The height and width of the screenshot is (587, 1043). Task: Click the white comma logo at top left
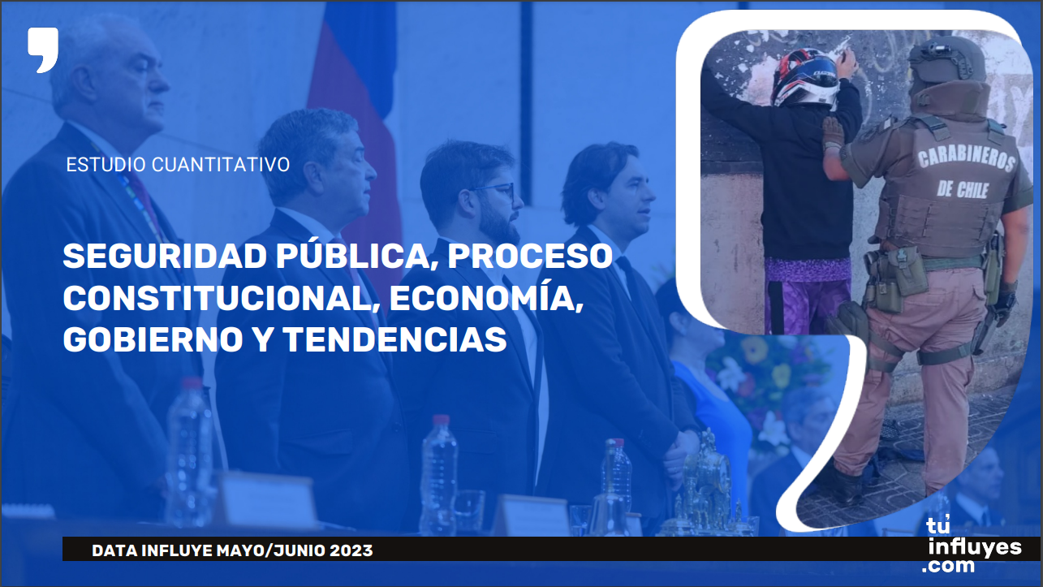pyautogui.click(x=43, y=49)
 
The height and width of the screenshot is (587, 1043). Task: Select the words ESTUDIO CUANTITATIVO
pyautogui.click(x=178, y=165)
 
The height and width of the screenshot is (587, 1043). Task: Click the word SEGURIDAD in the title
pyautogui.click(x=165, y=257)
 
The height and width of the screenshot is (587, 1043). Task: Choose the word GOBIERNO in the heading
pyautogui.click(x=153, y=339)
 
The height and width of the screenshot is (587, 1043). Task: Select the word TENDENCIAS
pyautogui.click(x=394, y=339)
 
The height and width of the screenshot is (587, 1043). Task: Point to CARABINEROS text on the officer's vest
pyautogui.click(x=966, y=159)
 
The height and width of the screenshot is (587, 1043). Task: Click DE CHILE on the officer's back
pyautogui.click(x=963, y=190)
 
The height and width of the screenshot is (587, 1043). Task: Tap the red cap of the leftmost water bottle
pyautogui.click(x=192, y=383)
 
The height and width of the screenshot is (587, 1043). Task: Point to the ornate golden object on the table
pyautogui.click(x=706, y=489)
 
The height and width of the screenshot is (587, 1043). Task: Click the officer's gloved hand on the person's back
pyautogui.click(x=833, y=133)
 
